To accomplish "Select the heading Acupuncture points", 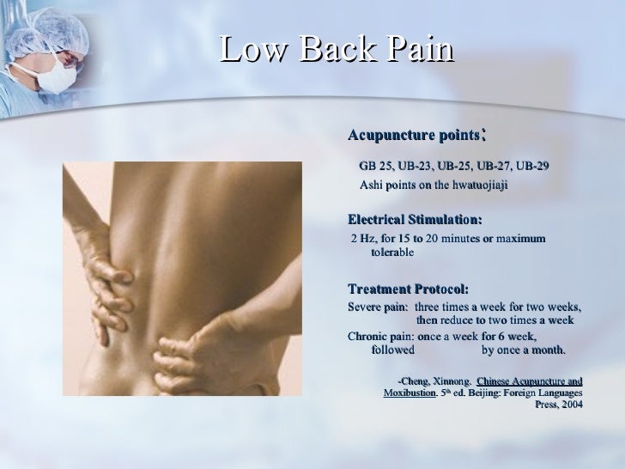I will (412, 136).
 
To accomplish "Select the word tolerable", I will (391, 253).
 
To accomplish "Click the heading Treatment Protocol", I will (407, 289).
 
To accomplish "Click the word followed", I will (392, 350).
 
